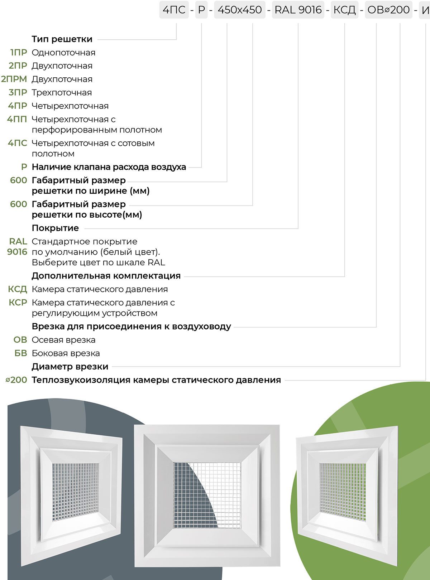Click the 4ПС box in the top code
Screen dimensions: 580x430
pos(174,10)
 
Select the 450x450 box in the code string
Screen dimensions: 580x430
pos(240,10)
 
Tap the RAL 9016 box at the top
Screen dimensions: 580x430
pos(298,10)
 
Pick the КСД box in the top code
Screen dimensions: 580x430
pos(344,10)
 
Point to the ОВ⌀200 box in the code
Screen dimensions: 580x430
pos(388,10)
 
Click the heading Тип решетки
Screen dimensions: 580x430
pos(62,39)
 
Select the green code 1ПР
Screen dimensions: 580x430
pos(19,53)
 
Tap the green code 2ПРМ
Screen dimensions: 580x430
pos(14,79)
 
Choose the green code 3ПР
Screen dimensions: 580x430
pos(18,92)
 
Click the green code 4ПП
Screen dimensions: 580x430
pos(17,119)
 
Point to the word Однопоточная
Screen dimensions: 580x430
pos(63,53)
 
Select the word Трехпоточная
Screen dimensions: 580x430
pos(62,92)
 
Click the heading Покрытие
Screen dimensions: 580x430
pos(55,228)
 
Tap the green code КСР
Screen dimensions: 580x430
pos(18,303)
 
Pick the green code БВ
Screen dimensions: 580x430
pos(21,353)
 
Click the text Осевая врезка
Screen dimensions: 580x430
pos(63,340)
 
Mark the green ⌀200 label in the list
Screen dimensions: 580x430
pos(16,380)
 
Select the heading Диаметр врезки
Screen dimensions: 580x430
pos(70,367)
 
